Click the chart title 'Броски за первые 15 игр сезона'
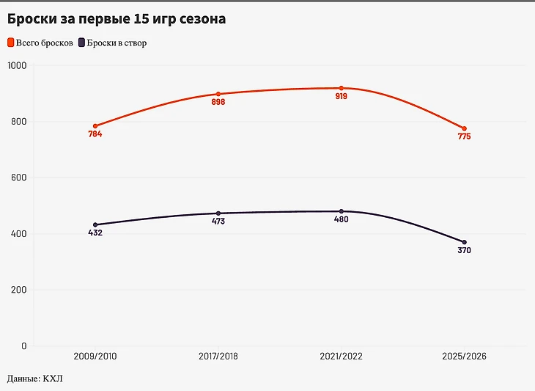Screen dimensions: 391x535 point(116,19)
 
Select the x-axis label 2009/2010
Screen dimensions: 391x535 point(95,356)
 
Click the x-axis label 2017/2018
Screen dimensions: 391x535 point(218,356)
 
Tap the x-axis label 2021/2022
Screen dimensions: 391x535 point(342,356)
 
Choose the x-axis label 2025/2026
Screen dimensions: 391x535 point(465,356)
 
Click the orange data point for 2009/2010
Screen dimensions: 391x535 point(95,126)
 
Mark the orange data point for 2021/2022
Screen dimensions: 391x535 point(342,88)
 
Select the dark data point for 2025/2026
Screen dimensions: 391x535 point(465,242)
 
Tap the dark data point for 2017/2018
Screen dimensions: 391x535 point(218,213)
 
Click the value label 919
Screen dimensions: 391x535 point(342,97)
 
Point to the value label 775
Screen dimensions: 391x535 point(465,136)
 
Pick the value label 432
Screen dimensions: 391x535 point(95,233)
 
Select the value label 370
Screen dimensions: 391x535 point(465,250)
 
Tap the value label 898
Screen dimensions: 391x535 point(218,102)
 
